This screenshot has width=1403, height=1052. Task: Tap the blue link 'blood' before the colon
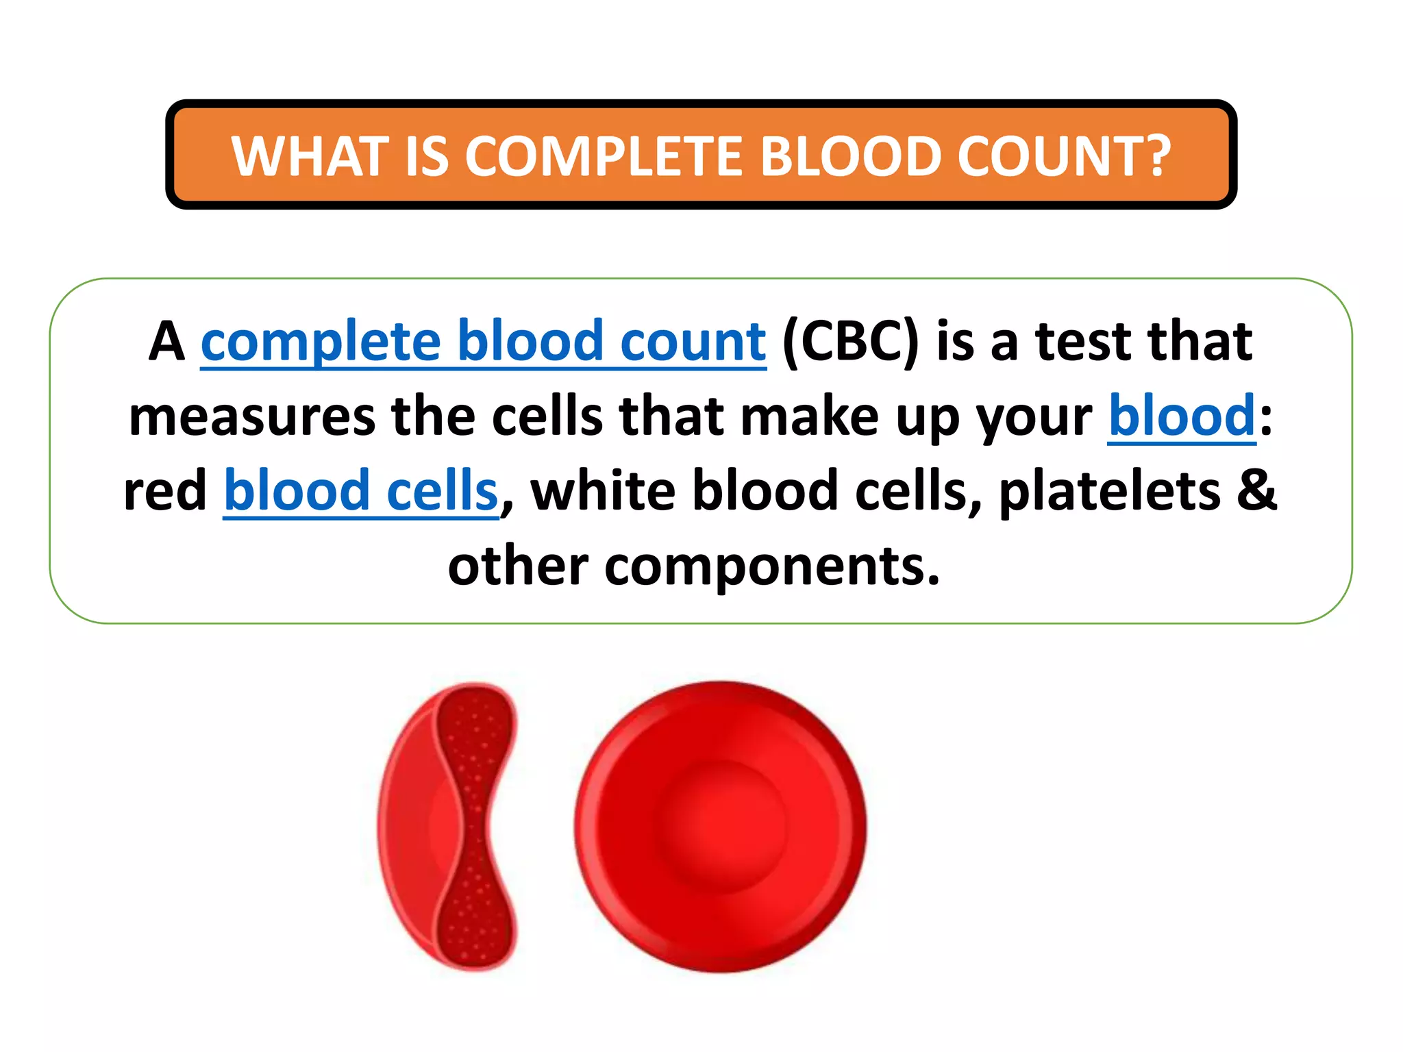pos(1182,416)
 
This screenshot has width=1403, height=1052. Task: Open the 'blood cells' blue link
pos(360,490)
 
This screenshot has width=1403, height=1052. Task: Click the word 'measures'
pos(252,417)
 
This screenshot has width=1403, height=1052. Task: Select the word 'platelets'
pos(1109,490)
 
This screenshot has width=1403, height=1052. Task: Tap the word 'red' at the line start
pos(164,490)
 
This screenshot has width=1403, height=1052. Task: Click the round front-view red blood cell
pos(721,827)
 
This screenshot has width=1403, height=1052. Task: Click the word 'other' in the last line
pos(518,566)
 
